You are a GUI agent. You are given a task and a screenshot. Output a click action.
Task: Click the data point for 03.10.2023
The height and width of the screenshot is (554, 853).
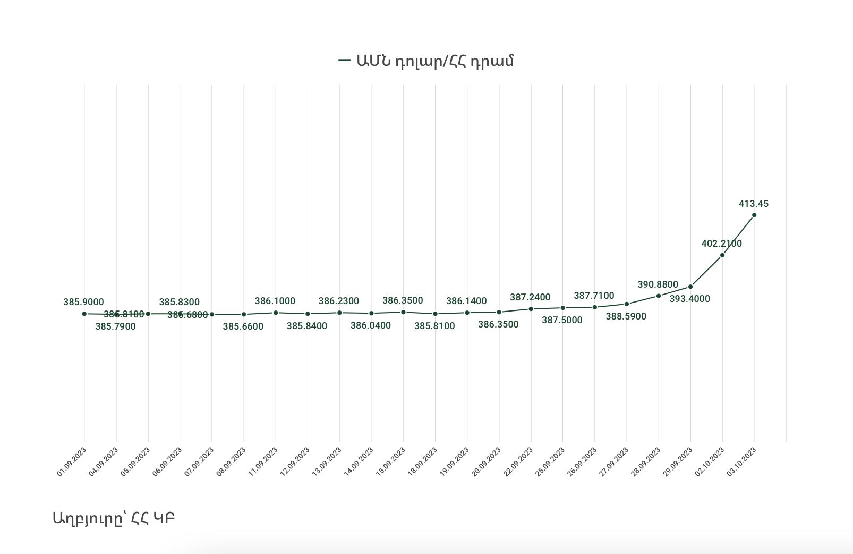[754, 215]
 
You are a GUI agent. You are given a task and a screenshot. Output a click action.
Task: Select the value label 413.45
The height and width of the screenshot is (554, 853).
[754, 204]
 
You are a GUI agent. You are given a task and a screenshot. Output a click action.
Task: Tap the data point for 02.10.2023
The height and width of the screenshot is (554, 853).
[722, 255]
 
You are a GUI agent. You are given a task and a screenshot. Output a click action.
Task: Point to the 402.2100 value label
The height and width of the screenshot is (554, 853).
[722, 244]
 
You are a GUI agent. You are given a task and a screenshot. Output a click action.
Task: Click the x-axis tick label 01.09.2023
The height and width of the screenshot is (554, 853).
[72, 461]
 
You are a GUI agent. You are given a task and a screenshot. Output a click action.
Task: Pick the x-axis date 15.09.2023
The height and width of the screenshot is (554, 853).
[390, 461]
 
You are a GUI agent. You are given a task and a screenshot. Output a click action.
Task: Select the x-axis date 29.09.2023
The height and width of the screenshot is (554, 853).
[678, 461]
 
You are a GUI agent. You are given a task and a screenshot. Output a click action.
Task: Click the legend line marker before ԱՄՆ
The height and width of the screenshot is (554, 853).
[345, 61]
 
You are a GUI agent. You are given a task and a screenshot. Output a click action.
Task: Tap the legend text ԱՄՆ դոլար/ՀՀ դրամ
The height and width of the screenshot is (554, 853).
[435, 61]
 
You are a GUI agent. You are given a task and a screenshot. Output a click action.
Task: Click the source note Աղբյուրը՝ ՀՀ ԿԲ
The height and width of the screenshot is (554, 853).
[114, 518]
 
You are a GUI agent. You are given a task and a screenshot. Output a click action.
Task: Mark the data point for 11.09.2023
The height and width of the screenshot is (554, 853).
[276, 313]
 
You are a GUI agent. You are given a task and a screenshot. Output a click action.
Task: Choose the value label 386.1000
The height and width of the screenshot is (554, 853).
[275, 301]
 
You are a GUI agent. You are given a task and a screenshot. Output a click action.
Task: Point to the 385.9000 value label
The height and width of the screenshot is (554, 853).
[83, 302]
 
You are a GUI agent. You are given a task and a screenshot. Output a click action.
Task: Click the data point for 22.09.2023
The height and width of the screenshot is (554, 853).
[531, 309]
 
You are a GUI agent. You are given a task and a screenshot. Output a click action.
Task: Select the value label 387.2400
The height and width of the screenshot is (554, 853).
[530, 297]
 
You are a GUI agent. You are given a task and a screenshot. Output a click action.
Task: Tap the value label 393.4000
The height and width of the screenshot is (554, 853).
[689, 299]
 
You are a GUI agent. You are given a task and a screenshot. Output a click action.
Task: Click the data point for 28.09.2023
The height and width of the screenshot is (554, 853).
[659, 296]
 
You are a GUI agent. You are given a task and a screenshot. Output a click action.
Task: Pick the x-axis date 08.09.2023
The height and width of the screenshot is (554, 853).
[231, 461]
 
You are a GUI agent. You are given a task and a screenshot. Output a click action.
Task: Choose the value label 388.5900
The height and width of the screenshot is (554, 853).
[626, 316]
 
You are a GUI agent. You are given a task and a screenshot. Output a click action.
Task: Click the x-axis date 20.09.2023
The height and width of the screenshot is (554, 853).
[486, 461]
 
